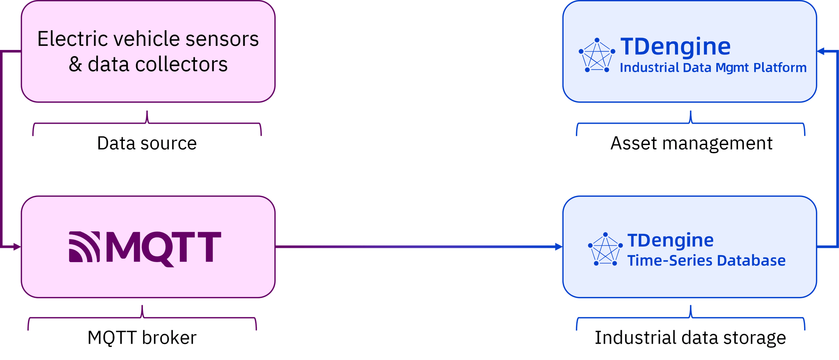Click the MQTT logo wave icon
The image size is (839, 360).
point(84,247)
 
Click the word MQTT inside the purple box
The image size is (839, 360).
point(163,247)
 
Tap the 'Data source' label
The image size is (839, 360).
point(147,143)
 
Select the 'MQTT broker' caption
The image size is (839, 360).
point(142,338)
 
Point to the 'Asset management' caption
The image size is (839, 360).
point(691,143)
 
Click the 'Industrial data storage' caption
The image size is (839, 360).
point(690,338)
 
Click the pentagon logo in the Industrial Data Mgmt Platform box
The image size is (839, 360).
point(597,55)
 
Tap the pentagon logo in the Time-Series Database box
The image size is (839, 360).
point(605,249)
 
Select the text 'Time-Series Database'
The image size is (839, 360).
point(706,260)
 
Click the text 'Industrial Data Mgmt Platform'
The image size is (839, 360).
point(713,68)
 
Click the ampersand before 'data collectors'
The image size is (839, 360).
point(75,65)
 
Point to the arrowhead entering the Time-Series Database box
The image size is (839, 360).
point(558,247)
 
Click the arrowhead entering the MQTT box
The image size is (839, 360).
point(16,247)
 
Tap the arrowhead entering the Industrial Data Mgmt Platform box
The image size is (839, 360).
point(822,52)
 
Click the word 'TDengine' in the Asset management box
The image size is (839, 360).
point(675,46)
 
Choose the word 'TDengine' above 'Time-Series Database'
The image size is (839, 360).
point(670,240)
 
